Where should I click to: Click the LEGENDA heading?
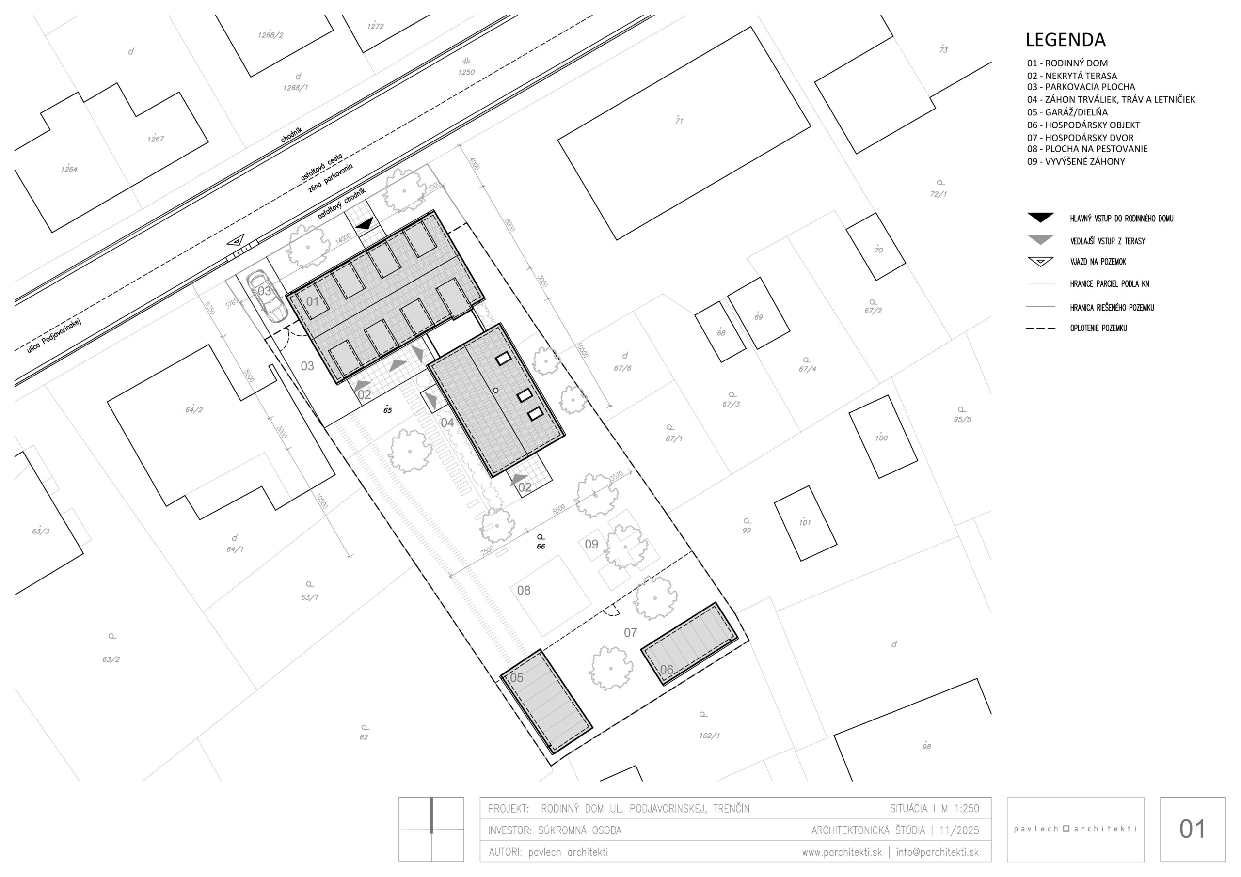tap(1066, 40)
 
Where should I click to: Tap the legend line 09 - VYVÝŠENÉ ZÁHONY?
tap(1076, 161)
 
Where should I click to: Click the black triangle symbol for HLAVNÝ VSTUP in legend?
tap(1040, 218)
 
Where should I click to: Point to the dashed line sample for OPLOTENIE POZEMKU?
tap(1040, 328)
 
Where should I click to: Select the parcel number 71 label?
tap(679, 121)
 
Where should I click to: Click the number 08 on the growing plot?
tap(524, 591)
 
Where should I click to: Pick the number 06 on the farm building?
tap(667, 670)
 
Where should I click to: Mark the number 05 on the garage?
tap(517, 677)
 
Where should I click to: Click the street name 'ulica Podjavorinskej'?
tap(54, 336)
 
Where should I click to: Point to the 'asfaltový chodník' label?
tap(342, 203)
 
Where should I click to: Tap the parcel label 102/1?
tap(709, 736)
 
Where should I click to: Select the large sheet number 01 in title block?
tap(1193, 830)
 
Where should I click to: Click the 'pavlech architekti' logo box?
tap(1076, 830)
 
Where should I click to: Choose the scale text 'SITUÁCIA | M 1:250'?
tap(935, 808)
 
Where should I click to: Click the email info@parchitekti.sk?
tap(937, 852)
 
